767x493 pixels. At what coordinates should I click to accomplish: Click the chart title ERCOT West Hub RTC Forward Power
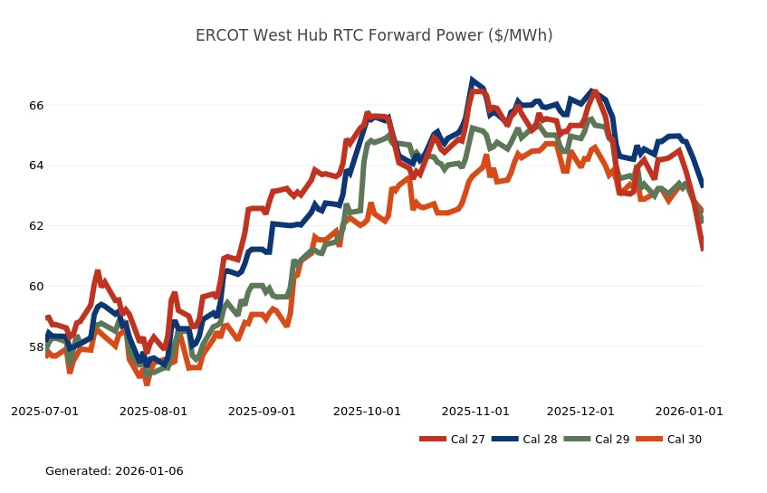[375, 35]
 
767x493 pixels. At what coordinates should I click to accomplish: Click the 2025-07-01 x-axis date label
[44, 412]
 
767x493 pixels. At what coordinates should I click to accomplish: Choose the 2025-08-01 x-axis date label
[153, 412]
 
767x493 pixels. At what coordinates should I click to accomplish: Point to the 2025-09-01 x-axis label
[262, 412]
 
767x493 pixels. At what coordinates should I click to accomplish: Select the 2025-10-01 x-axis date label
[367, 412]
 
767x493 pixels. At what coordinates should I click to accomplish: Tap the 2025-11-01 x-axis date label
[475, 412]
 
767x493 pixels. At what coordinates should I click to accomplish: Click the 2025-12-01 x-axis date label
[580, 412]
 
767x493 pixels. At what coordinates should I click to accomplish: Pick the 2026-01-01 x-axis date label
[689, 412]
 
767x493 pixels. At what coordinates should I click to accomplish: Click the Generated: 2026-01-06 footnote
[114, 471]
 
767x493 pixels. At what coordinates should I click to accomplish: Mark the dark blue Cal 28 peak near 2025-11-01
[472, 81]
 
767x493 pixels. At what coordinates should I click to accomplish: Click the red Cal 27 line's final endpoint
[703, 248]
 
